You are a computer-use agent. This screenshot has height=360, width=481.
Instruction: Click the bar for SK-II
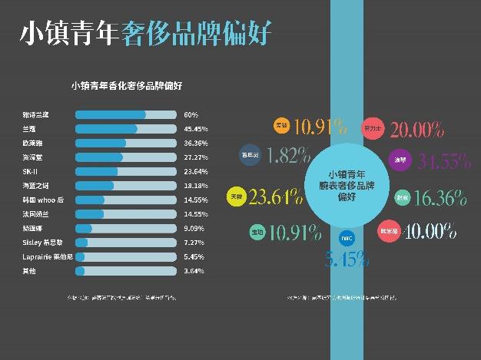tap(126, 171)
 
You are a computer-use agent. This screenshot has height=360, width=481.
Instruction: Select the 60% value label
tap(191, 114)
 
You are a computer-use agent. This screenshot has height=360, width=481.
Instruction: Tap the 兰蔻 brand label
tap(29, 129)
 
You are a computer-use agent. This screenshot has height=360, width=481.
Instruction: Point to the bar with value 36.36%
tap(126, 143)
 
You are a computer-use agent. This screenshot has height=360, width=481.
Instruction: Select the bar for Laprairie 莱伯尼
tap(126, 256)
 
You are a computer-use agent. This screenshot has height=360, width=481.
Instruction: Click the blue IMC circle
tap(347, 238)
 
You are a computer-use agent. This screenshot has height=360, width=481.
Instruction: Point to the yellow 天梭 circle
tap(237, 197)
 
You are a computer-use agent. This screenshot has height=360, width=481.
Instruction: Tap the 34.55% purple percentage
tap(443, 161)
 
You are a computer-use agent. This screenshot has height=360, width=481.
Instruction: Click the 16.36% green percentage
tap(440, 198)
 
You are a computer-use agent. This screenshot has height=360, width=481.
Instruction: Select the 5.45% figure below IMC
tap(342, 259)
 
